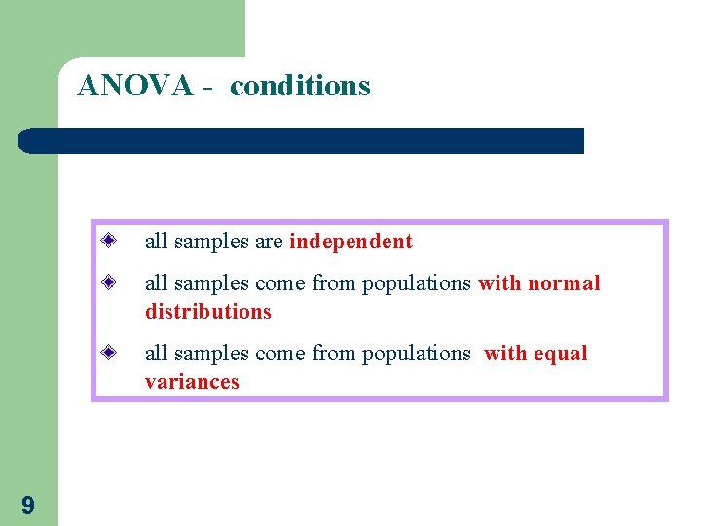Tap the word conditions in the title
coord(300,86)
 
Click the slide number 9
coord(27,505)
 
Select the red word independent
coord(350,242)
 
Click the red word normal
coord(564,283)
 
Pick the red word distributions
coord(207,312)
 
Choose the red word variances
coord(192,382)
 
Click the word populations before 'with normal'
coord(417,283)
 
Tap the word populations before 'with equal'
coord(417,354)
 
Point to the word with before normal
coord(499,283)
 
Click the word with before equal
coord(503,354)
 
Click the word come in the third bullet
coord(279,354)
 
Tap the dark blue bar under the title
coord(302,140)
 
